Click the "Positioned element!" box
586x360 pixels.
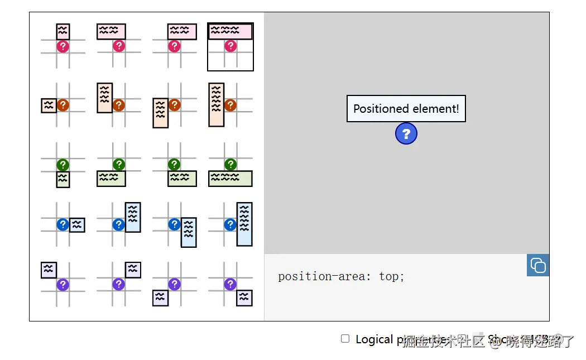pos(406,109)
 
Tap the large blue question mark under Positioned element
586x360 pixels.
pos(406,134)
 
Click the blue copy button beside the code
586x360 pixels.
pos(538,265)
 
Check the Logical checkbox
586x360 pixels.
pos(345,339)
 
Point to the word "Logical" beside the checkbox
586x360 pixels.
pos(374,339)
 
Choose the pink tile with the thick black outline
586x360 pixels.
pos(230,47)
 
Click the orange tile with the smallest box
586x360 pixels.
pos(63,105)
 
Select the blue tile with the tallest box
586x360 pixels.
pos(230,224)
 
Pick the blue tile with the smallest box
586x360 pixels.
pos(63,224)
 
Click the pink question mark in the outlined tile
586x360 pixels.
pos(230,46)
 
